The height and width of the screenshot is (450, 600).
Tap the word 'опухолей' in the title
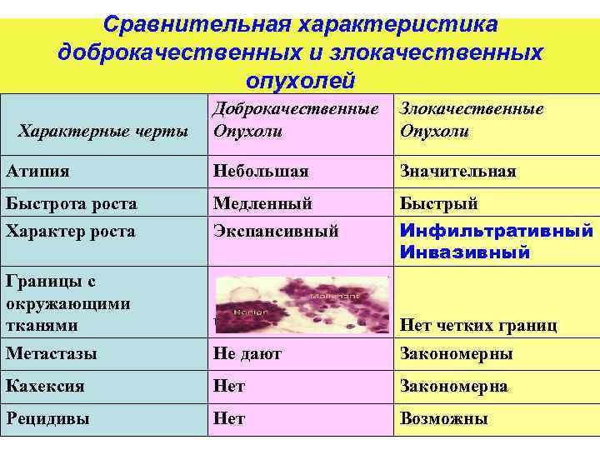[301, 80]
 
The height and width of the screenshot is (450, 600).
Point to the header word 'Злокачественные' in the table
[472, 108]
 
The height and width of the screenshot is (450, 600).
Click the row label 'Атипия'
[37, 171]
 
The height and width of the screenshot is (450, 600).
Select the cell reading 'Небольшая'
[261, 171]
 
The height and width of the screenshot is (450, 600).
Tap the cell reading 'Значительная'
[457, 171]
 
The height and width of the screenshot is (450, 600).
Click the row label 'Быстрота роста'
[72, 203]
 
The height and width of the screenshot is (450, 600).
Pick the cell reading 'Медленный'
[262, 203]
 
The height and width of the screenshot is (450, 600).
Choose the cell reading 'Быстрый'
[439, 203]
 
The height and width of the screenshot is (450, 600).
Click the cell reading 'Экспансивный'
[276, 231]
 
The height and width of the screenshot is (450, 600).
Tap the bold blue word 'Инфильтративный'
[497, 230]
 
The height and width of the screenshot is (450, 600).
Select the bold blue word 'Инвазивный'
[465, 252]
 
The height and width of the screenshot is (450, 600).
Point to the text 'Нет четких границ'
[478, 326]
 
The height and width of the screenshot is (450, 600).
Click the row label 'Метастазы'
[52, 353]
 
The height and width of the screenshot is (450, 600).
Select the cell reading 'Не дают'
[247, 353]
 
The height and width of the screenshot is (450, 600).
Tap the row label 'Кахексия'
[45, 387]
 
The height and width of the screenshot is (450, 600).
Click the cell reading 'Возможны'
[444, 419]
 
